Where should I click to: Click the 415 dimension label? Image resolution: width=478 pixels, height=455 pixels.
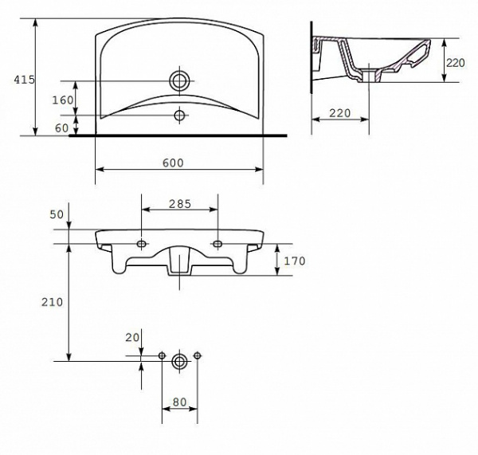25,80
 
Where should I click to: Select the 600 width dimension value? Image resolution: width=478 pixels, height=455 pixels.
173,163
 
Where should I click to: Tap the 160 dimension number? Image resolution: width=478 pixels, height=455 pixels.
63,100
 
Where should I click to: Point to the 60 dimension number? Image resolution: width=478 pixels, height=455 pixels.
62,128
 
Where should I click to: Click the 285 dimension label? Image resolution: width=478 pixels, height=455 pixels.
180,204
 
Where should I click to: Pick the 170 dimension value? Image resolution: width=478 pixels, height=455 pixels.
295,261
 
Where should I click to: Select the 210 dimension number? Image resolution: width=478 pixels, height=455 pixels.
52,302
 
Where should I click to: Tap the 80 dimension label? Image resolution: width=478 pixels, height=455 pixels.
179,402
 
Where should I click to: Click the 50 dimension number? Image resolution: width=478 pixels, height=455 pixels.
57,214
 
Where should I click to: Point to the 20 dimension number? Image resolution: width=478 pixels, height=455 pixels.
132,338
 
